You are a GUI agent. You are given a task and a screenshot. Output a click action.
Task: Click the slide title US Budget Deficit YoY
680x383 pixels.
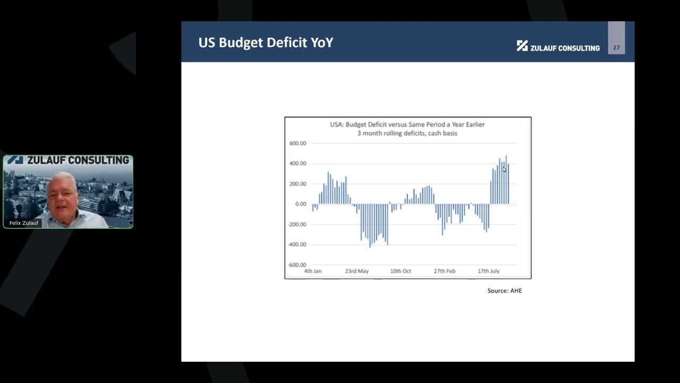click(266, 43)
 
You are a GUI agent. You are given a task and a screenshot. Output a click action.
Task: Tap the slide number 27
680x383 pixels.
click(616, 47)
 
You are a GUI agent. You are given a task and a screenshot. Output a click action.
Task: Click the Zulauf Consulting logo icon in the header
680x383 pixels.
click(522, 46)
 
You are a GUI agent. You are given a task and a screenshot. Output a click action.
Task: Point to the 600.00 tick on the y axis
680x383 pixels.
click(297, 143)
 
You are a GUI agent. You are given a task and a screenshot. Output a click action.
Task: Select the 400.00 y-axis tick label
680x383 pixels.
click(297, 163)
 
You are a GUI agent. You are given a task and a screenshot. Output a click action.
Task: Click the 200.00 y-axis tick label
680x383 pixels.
click(297, 184)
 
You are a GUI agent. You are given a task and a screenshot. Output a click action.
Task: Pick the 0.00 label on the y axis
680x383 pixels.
click(300, 204)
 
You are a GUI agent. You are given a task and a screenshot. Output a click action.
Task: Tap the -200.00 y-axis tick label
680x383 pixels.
click(297, 224)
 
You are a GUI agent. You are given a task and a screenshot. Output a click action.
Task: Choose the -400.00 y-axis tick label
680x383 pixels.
click(297, 244)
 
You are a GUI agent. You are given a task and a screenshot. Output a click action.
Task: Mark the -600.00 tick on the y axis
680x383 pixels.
click(297, 264)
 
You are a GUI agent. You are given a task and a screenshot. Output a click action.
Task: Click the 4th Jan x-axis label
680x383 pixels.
click(312, 271)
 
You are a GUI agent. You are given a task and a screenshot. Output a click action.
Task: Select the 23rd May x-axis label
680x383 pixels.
click(356, 271)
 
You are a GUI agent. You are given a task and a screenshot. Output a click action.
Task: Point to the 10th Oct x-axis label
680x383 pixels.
click(401, 271)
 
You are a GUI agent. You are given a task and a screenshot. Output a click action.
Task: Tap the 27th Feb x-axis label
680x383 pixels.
click(444, 271)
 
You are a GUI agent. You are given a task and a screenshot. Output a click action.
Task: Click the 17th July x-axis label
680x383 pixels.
click(488, 271)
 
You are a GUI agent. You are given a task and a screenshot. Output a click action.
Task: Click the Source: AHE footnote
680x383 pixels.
click(505, 290)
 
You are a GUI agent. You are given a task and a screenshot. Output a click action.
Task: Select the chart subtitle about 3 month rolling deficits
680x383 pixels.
click(407, 133)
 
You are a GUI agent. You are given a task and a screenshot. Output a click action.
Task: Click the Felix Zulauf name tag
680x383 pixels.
click(24, 223)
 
